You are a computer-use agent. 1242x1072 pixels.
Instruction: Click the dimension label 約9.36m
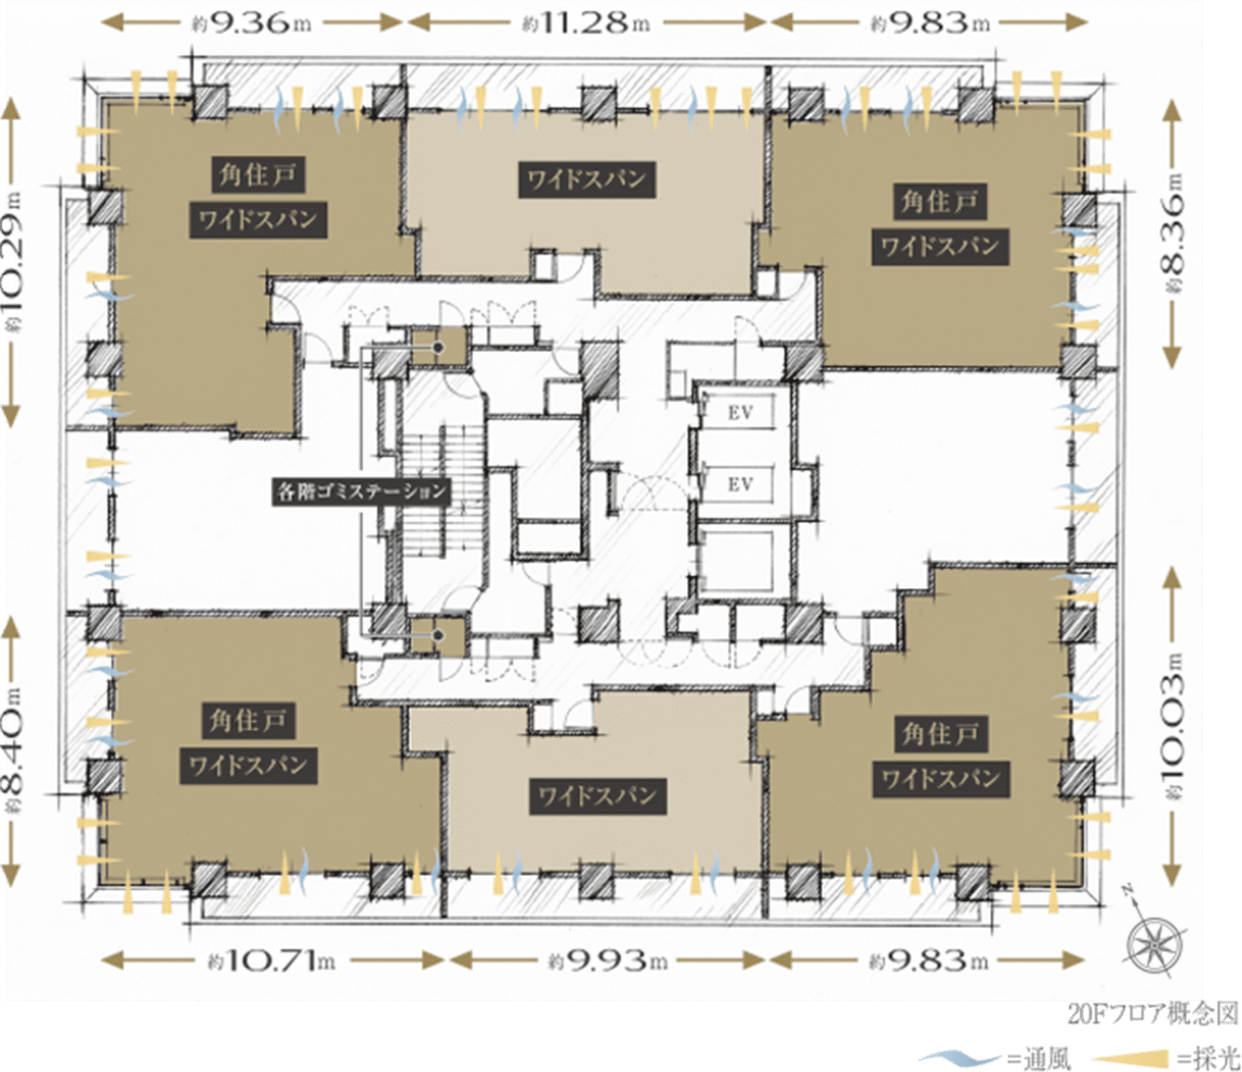pos(252,23)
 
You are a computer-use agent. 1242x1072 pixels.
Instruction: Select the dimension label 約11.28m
pos(587,23)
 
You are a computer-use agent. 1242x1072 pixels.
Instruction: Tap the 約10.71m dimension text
pos(271,961)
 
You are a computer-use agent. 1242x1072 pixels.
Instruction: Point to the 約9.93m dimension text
pos(608,961)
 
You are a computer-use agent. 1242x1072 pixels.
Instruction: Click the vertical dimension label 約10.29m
pos(12,262)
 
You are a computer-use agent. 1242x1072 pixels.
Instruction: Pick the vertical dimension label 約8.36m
pos(1173,233)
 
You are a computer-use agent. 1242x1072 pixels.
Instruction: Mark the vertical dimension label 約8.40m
pos(12,750)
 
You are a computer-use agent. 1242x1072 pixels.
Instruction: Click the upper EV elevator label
pos(740,412)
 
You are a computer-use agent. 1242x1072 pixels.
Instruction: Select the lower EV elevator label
pos(740,484)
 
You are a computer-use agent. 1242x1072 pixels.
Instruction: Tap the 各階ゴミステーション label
pos(361,491)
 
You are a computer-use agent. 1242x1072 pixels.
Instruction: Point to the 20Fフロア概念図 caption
pos(1153,1013)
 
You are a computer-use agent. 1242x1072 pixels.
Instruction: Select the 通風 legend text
pos(1048,1058)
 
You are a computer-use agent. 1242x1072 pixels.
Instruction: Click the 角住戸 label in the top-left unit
pos(258,175)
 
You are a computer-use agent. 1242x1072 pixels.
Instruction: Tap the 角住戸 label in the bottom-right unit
pos(941,733)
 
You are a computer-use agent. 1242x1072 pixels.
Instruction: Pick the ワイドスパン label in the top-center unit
pos(587,179)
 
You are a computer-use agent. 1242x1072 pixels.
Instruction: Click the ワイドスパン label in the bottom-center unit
pos(598,796)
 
